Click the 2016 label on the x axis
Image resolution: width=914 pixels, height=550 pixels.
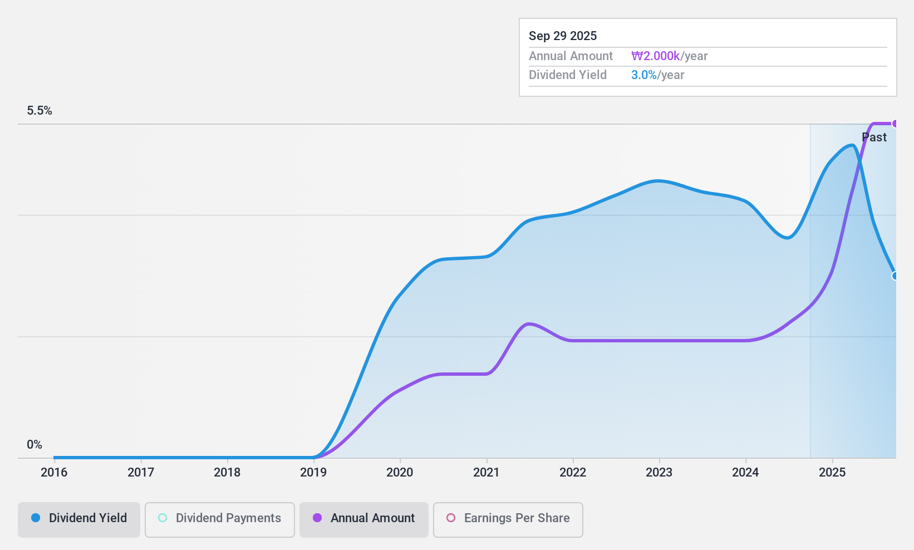(x=54, y=473)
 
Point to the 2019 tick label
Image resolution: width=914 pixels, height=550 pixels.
(x=313, y=473)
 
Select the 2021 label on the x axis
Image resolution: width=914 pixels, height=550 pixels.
(x=487, y=473)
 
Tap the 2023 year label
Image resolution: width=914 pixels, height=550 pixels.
(x=659, y=473)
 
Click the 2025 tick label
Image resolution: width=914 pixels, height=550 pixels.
(x=832, y=473)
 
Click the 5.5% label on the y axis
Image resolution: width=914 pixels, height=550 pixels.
(x=40, y=111)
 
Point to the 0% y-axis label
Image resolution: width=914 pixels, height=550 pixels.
(x=35, y=445)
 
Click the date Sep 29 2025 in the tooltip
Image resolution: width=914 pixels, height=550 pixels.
(x=563, y=36)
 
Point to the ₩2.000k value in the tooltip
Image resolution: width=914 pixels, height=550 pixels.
(x=655, y=56)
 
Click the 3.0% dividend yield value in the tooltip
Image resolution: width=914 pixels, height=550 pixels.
(x=644, y=75)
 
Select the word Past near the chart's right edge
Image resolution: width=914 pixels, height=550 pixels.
(x=874, y=137)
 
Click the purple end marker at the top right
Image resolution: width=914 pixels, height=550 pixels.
(x=895, y=124)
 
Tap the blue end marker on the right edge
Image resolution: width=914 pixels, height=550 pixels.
(x=895, y=276)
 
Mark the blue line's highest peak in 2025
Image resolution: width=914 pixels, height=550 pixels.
(x=852, y=145)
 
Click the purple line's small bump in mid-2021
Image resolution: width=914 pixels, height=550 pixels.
(x=528, y=323)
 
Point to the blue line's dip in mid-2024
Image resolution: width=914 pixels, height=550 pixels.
(x=787, y=238)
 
